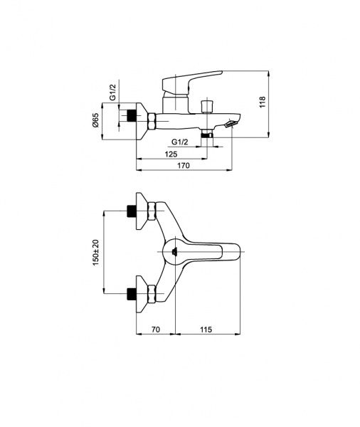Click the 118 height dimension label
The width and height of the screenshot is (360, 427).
click(x=263, y=102)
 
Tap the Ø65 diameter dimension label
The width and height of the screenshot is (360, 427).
click(x=95, y=120)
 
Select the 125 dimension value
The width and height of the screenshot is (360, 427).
click(x=171, y=154)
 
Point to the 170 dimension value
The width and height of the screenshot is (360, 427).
click(x=184, y=165)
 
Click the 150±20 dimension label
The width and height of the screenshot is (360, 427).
click(x=96, y=253)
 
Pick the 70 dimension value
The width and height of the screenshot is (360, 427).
click(x=155, y=330)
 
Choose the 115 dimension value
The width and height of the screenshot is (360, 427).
click(x=206, y=330)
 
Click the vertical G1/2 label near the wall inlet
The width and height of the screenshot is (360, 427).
click(x=113, y=92)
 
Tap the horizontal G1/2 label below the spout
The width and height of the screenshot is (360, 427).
click(x=180, y=142)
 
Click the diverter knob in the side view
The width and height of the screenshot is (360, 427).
click(x=207, y=107)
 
